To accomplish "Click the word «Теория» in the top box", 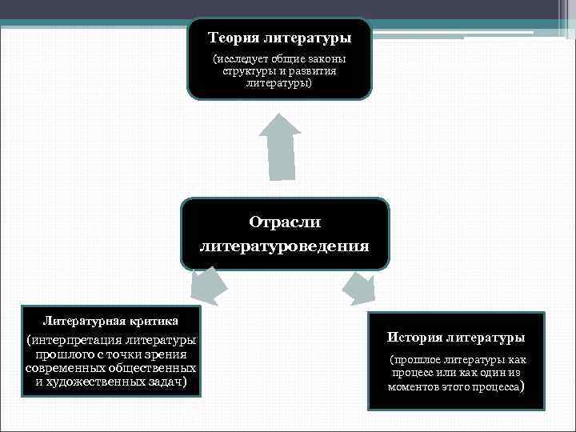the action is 233,38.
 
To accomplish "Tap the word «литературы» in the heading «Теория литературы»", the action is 306,38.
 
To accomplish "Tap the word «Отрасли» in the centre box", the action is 284,222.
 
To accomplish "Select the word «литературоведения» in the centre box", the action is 284,246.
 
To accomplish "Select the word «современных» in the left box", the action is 61,368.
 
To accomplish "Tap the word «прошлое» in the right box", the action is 416,361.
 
